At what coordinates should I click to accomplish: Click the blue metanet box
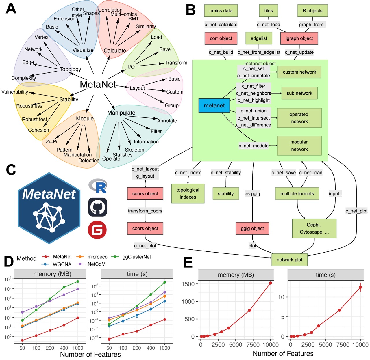click(214, 105)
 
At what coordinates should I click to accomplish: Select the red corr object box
click(221, 38)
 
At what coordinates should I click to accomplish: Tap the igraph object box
click(299, 38)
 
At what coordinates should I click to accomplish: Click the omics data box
click(221, 11)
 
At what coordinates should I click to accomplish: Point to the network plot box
click(289, 260)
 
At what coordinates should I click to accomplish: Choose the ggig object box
click(252, 228)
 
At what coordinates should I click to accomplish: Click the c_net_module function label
click(254, 146)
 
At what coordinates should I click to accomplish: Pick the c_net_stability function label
click(226, 173)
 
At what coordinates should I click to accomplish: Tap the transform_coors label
click(145, 211)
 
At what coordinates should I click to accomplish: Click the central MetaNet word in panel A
click(98, 84)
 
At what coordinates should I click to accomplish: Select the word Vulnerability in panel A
click(15, 92)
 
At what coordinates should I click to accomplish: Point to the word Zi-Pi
click(51, 142)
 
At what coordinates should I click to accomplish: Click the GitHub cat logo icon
click(97, 207)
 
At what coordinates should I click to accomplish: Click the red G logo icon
click(97, 230)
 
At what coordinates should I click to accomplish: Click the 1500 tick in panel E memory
click(188, 284)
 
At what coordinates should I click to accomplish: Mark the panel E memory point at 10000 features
click(271, 283)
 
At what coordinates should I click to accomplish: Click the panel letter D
click(9, 261)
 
